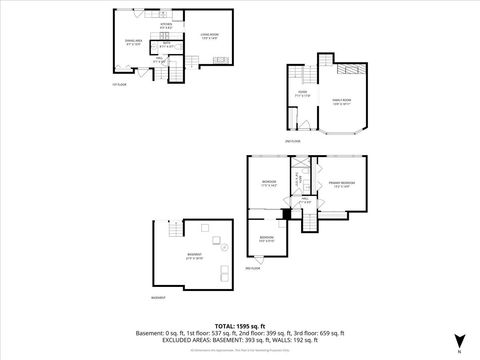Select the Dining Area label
pos(133,42)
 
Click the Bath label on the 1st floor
pos(167,45)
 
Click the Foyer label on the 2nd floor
pos(301,94)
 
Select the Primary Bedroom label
pos(341,184)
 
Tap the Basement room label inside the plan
pos(193,256)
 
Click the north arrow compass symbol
pos(458,341)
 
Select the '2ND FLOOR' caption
pos(291,142)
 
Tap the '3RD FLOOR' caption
pos(254,269)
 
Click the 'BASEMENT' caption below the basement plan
pos(158,298)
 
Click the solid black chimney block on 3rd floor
pos(286,212)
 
